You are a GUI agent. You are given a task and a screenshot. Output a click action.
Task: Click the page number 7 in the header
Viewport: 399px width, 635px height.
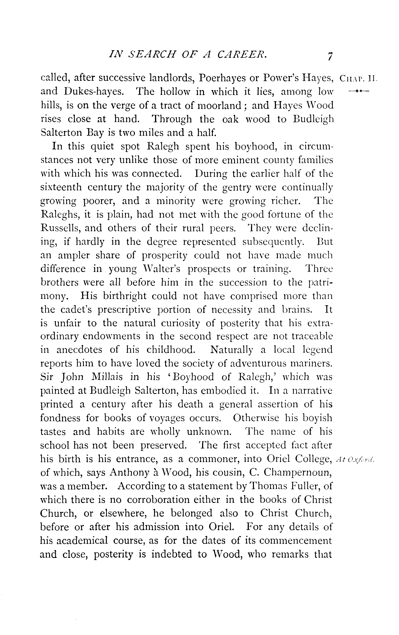[330, 56]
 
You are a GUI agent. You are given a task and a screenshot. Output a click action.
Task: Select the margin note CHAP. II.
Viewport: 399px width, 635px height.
[359, 79]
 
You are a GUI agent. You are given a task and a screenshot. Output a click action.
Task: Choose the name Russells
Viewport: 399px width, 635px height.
[60, 228]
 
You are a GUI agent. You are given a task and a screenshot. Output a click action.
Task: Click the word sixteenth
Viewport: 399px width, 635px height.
[61, 187]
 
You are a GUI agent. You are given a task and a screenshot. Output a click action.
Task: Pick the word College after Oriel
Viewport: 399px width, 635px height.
[313, 459]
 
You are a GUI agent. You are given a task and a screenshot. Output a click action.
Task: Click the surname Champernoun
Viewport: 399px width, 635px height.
[298, 472]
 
